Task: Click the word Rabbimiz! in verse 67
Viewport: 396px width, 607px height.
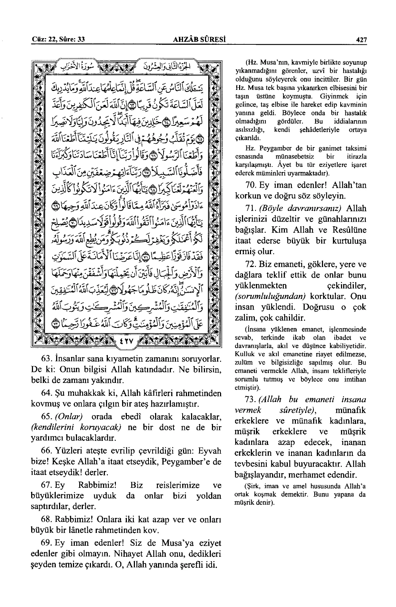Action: [x=98, y=486]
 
